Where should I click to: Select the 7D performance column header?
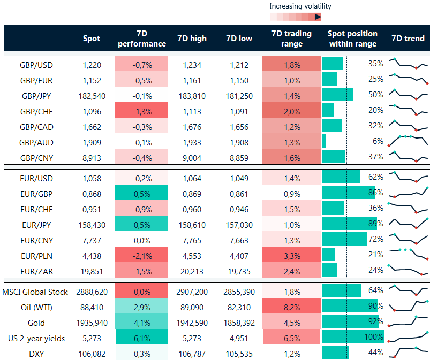141,39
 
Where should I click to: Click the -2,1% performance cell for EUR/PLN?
141,256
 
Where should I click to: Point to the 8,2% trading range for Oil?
291,308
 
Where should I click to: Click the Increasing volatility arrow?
292,17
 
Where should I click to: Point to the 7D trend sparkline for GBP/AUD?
408,141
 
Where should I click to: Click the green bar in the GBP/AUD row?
324,141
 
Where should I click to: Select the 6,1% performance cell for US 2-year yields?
141,338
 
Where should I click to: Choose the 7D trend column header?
408,39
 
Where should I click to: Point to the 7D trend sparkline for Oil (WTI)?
408,307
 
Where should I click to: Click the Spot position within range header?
352,39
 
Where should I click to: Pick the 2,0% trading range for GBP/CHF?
291,110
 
